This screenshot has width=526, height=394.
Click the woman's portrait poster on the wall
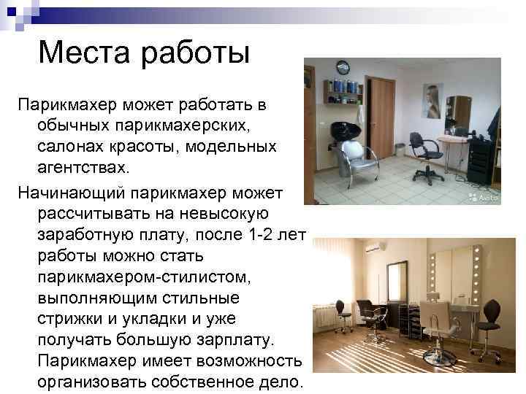[x=432, y=100]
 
